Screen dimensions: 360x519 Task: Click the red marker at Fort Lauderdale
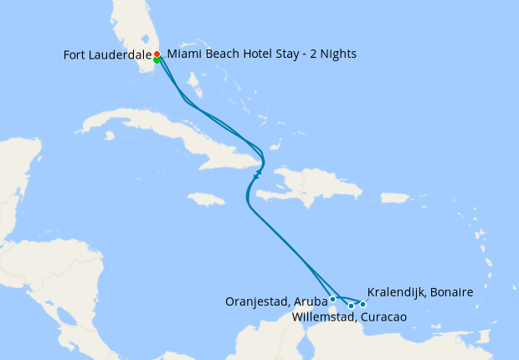pos(157,54)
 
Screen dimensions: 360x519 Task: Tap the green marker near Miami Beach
pos(157,59)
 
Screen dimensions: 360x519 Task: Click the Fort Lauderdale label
pos(107,55)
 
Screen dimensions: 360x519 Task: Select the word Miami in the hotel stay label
pos(184,54)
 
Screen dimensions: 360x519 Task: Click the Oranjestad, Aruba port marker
pos(333,299)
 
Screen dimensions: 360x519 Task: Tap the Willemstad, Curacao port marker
pos(351,306)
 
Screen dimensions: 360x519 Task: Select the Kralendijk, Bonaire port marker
pos(362,304)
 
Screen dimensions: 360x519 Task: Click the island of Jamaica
pos(206,199)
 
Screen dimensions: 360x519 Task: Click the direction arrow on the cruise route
pos(257,175)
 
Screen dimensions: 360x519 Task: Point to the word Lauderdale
pos(122,55)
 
